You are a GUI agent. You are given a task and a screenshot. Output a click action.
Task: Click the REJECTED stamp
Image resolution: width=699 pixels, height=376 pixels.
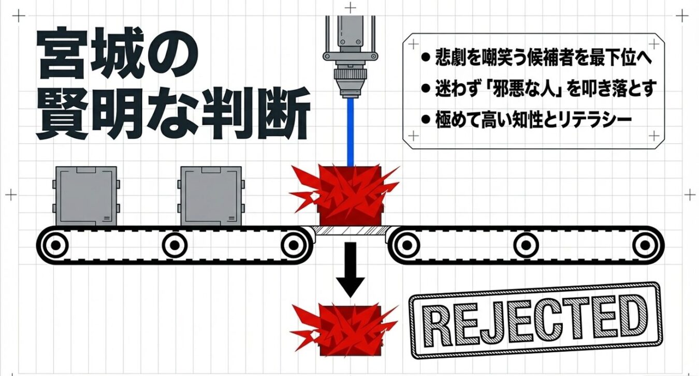point(535,320)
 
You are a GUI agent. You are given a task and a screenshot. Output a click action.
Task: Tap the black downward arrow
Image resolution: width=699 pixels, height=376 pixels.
point(351,270)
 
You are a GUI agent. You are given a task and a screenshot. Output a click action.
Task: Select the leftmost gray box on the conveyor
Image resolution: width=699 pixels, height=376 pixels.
point(86,196)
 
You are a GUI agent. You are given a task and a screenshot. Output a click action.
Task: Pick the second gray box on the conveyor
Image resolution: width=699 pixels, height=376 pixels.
point(211,196)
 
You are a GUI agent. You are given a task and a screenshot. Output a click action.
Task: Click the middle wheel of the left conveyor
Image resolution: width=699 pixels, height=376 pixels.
point(174,244)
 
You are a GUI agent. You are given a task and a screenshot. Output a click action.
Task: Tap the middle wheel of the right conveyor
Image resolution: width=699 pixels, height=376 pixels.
point(526,244)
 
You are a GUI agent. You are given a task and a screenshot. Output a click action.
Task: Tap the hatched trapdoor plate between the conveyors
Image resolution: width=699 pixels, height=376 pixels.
point(351,230)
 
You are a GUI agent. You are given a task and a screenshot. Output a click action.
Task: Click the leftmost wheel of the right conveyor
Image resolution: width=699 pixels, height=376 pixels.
point(409,244)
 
